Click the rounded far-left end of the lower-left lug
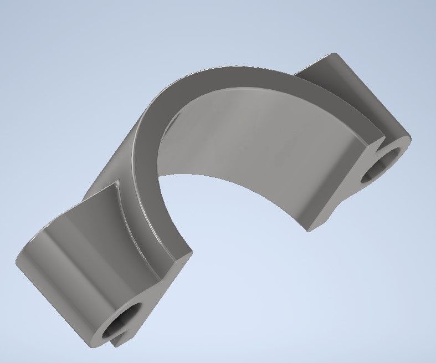coord(22,260)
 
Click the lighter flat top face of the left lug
coord(89,222)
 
